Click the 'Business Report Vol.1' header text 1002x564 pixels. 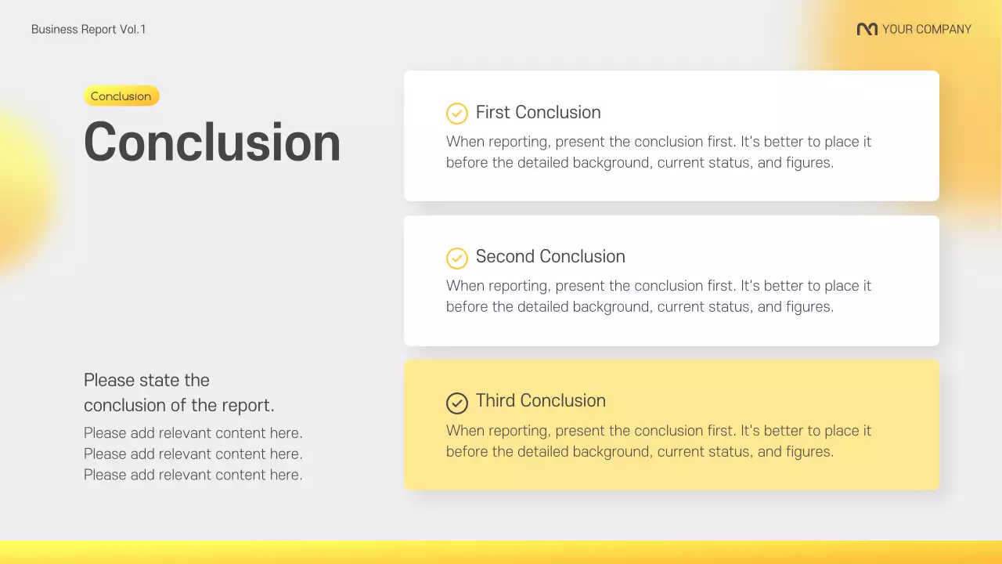coord(88,30)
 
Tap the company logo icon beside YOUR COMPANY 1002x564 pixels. coord(867,30)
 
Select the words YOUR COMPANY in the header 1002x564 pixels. coord(926,30)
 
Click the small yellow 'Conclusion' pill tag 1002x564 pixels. coord(121,96)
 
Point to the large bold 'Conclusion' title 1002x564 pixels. coord(212,143)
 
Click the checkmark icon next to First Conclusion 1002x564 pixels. coord(456,114)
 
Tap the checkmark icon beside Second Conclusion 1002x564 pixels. coord(456,258)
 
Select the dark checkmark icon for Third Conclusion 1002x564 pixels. coord(456,403)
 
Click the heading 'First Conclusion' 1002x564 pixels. coord(539,113)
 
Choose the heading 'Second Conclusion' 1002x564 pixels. coord(550,257)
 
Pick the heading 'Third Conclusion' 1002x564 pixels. coord(541,401)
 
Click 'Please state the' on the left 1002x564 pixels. coord(146,381)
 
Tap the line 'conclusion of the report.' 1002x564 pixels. coord(179,406)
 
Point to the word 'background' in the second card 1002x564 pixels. coord(611,307)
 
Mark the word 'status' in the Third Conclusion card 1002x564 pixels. coord(726,452)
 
